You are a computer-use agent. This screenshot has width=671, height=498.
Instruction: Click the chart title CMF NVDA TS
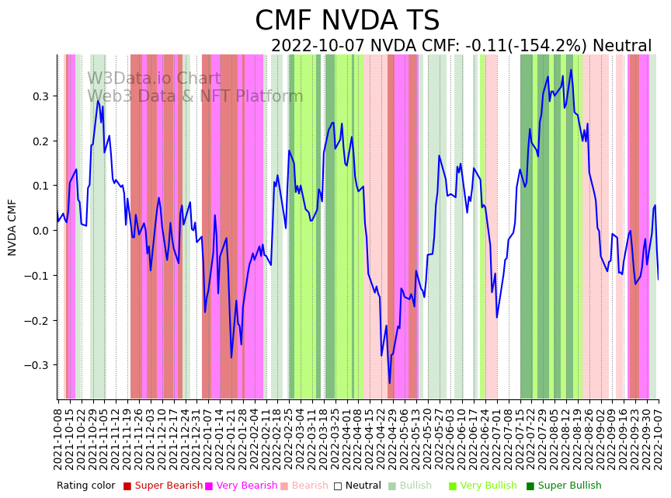347,21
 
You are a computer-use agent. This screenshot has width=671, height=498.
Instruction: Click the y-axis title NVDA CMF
12,227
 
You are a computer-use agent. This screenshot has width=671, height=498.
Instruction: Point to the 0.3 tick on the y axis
40,96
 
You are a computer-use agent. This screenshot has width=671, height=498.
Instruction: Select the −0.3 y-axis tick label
37,365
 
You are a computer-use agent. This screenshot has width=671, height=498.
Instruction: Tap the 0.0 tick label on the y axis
40,231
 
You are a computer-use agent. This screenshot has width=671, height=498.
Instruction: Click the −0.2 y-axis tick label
37,320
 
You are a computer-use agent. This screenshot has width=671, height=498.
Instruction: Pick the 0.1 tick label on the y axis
40,186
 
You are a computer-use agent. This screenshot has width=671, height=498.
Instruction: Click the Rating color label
86,486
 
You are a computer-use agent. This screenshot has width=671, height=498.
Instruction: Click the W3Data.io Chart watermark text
154,78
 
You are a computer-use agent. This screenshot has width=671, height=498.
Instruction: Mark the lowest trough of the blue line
390,382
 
